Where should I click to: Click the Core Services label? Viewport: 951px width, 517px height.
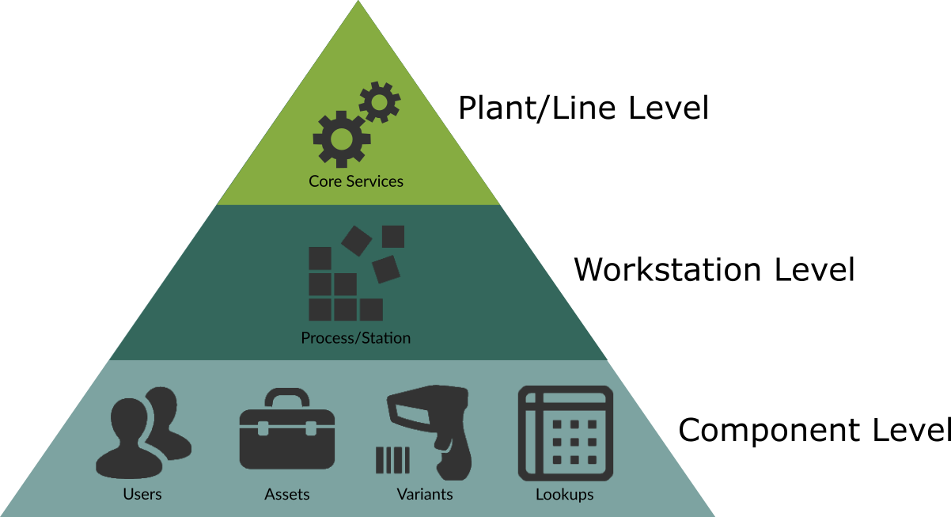click(x=356, y=181)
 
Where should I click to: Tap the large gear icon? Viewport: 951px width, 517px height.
click(x=342, y=139)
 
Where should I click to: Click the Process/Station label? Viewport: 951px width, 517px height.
click(x=356, y=338)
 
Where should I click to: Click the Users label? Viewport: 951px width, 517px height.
click(x=142, y=494)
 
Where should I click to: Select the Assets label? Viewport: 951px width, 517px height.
click(x=287, y=494)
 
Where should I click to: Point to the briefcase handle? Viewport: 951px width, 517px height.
click(x=287, y=397)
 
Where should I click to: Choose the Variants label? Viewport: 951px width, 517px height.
click(x=425, y=494)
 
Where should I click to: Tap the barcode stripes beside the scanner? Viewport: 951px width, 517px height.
click(x=392, y=460)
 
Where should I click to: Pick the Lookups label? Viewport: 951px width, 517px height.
click(x=565, y=494)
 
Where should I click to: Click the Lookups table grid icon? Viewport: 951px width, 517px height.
click(x=565, y=433)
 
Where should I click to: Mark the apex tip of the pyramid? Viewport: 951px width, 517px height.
click(x=358, y=3)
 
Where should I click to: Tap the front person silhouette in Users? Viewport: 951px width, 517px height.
click(x=129, y=440)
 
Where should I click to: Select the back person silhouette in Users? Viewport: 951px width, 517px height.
click(x=168, y=420)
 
